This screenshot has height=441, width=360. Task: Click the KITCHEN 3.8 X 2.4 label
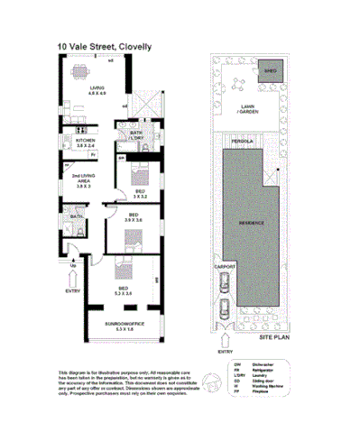click(86, 143)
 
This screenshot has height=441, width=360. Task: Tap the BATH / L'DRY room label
click(136, 135)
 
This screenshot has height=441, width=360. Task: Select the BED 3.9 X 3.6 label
click(133, 217)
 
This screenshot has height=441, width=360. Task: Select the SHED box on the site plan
click(269, 70)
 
